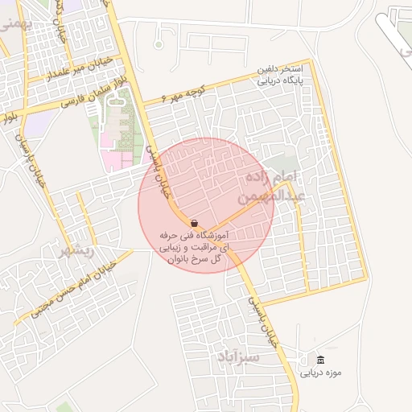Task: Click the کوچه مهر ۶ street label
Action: point(184,97)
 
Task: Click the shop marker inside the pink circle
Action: point(194,222)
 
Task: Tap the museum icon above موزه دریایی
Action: point(321,360)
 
